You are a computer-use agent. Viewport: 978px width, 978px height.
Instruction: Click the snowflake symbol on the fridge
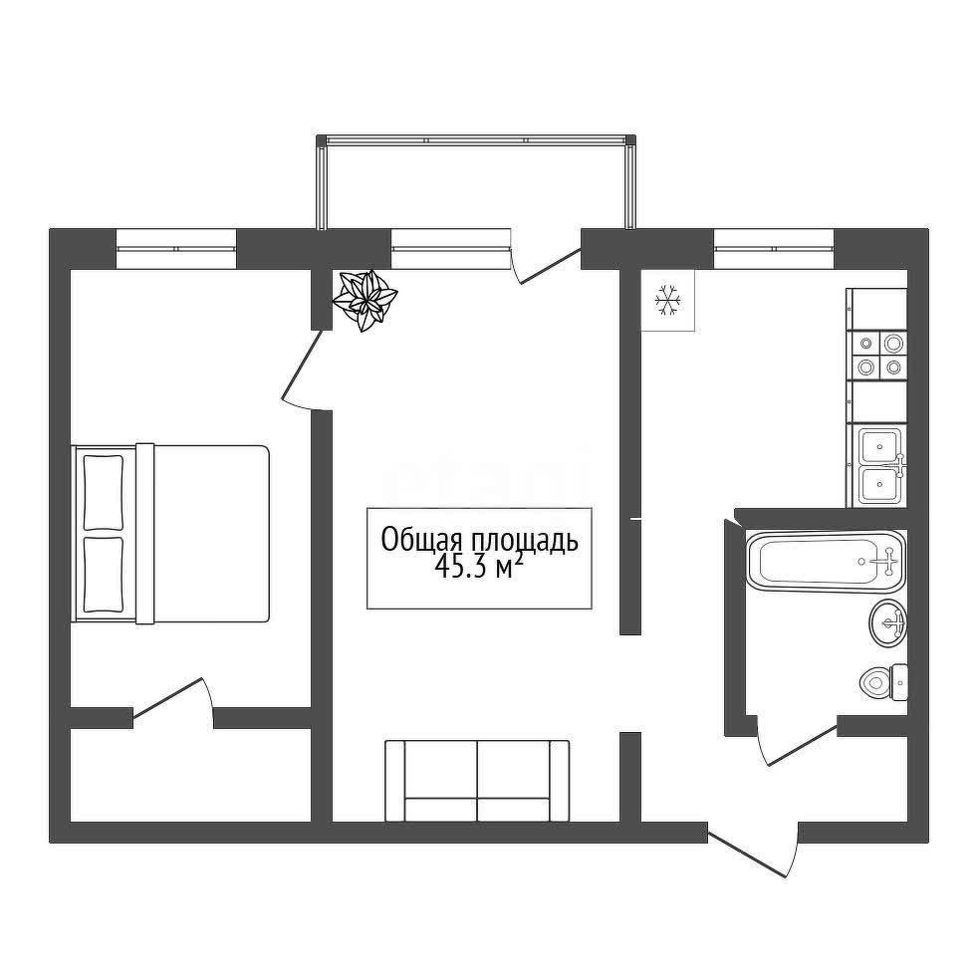click(x=668, y=300)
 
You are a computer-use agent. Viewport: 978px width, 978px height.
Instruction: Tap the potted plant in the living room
click(x=365, y=300)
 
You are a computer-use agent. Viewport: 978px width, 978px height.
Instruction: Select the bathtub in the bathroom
click(x=826, y=562)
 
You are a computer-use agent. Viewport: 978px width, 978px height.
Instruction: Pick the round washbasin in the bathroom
click(x=887, y=622)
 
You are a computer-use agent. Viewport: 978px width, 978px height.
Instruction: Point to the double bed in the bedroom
click(x=170, y=533)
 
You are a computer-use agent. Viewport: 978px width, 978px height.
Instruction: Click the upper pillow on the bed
click(x=104, y=493)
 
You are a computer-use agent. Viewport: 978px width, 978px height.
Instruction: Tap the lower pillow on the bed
click(x=104, y=575)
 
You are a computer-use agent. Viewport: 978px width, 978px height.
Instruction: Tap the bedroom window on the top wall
click(x=176, y=249)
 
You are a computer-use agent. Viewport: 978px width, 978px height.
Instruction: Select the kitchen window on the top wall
click(x=774, y=249)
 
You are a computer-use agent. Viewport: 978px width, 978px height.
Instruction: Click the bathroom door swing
click(x=797, y=741)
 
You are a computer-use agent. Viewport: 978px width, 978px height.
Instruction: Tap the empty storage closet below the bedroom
click(x=190, y=775)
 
